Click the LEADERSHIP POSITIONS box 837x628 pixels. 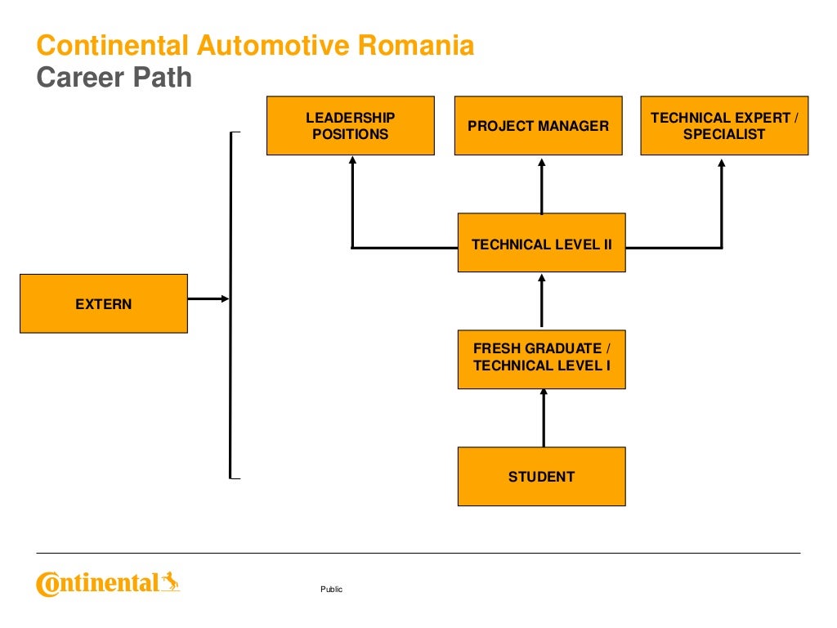[x=350, y=126]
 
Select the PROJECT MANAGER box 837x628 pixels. [x=538, y=126]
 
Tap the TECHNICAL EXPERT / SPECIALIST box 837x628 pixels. [x=724, y=126]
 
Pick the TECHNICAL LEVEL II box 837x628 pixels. [x=541, y=243]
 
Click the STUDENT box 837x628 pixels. [x=541, y=476]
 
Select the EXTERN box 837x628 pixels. [x=104, y=303]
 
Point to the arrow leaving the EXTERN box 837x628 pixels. [x=208, y=299]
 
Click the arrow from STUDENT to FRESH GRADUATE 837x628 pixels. [x=543, y=418]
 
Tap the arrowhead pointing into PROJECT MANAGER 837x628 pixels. [x=541, y=164]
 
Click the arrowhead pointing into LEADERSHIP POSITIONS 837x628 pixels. [x=352, y=164]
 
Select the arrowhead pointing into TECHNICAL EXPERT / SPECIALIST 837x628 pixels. [x=722, y=164]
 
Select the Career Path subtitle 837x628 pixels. [x=114, y=78]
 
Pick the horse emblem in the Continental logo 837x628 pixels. [x=170, y=581]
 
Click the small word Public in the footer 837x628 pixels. [x=332, y=590]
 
